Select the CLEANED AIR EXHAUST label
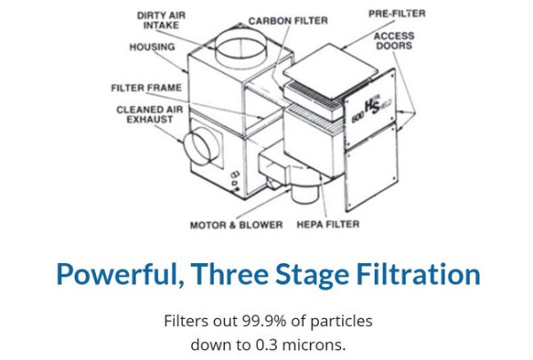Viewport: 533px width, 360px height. (139, 116)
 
